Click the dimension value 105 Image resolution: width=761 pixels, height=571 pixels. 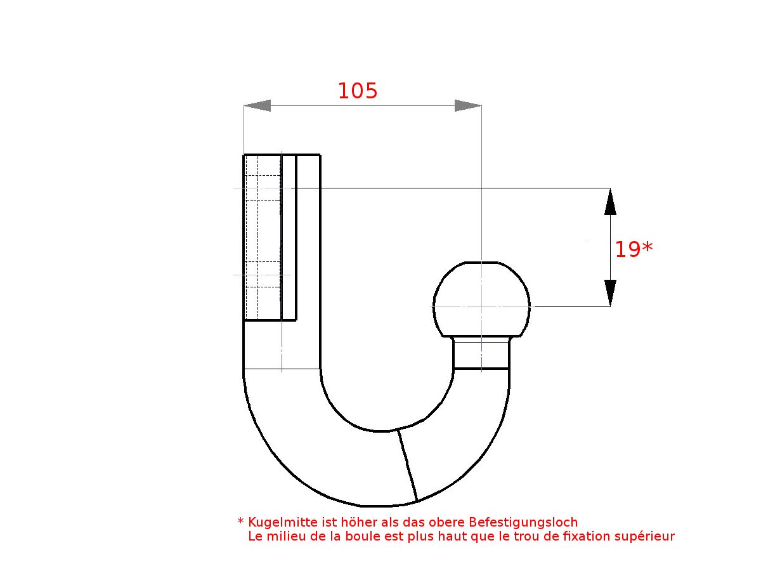[357, 91]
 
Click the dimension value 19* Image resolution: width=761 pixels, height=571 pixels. [633, 250]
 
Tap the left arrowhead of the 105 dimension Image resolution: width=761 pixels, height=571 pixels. [257, 106]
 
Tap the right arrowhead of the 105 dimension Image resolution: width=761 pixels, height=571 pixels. [467, 106]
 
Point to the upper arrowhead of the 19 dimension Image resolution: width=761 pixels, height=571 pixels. [610, 201]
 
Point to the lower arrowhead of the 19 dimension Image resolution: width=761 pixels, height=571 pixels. [610, 293]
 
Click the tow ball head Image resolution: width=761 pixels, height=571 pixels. [481, 298]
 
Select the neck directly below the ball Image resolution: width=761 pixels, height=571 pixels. [481, 354]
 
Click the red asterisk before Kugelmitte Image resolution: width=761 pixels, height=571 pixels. [240, 522]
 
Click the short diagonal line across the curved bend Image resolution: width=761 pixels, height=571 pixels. [407, 465]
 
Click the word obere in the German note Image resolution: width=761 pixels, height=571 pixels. [446, 523]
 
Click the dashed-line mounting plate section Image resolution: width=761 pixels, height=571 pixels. [263, 237]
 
